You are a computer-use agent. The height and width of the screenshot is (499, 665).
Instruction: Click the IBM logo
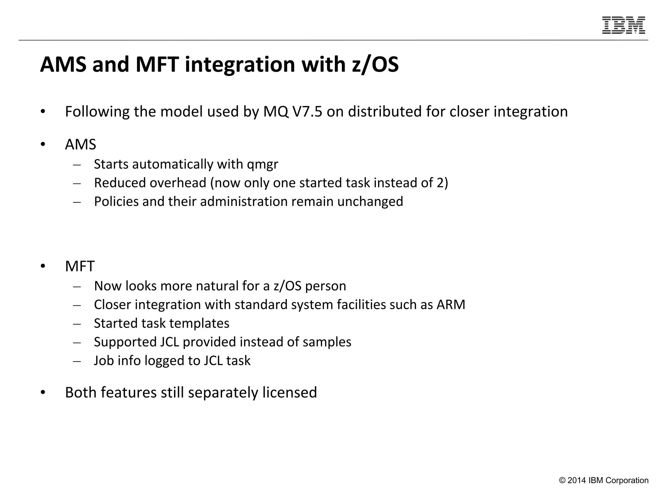coord(623,25)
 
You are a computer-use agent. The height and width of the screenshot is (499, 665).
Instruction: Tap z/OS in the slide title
coord(375,64)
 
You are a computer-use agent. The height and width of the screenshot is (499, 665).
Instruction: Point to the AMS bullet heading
coord(81,145)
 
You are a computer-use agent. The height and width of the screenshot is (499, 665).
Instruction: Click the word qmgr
coord(262,165)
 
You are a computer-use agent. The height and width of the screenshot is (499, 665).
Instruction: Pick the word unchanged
coord(370,202)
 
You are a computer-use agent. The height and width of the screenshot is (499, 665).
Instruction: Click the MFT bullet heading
coord(80,266)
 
